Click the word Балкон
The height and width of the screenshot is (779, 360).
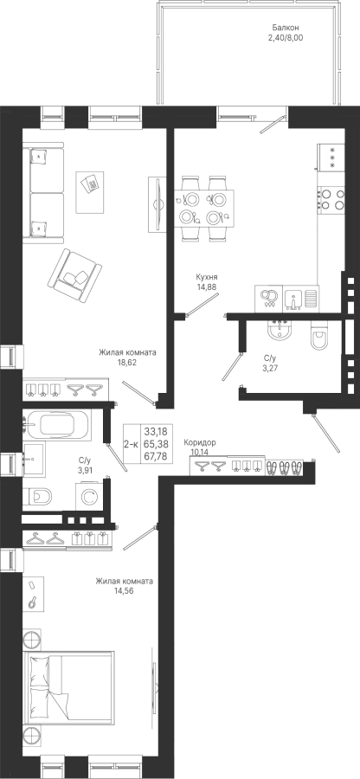tap(286, 28)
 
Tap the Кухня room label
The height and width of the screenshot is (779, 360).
tap(207, 277)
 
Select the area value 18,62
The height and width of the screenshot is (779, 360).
tap(127, 362)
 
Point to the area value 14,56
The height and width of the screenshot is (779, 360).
tap(125, 590)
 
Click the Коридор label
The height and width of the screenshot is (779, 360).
tap(200, 442)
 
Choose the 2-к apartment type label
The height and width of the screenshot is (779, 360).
tap(131, 444)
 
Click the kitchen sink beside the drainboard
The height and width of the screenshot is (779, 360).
tap(293, 298)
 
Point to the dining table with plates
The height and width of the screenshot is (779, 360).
tap(204, 207)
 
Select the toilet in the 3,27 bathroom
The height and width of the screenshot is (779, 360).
tap(318, 335)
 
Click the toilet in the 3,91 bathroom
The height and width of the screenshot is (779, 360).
tap(37, 496)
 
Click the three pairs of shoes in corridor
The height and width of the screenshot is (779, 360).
tap(284, 467)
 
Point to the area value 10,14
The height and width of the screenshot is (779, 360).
tap(200, 452)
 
